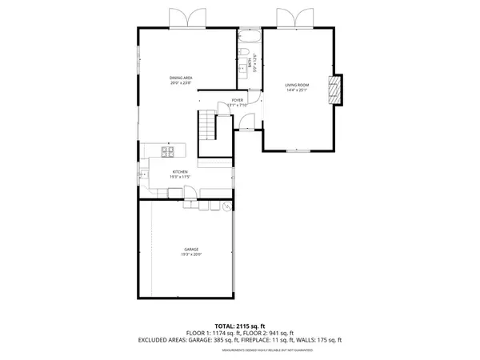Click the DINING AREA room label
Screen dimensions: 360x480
[181, 78]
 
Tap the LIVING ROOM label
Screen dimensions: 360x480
[297, 85]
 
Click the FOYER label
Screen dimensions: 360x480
[238, 101]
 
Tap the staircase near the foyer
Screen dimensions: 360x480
[208, 126]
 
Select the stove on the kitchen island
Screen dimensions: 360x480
[169, 150]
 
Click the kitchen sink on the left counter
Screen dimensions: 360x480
[144, 170]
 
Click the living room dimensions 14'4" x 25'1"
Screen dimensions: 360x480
[297, 90]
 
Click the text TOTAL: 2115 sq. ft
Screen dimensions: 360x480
[240, 326]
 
